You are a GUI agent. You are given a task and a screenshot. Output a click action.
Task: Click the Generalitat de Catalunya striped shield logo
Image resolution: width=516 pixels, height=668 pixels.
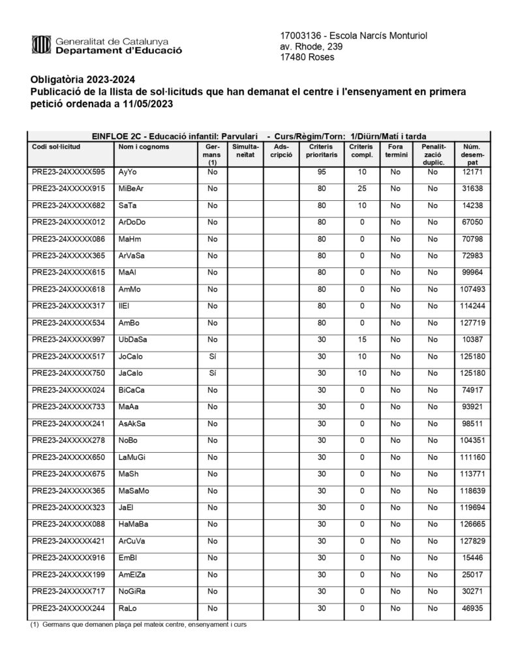click(x=41, y=45)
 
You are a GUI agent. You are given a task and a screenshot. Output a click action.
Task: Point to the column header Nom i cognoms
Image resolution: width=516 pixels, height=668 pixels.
click(x=144, y=147)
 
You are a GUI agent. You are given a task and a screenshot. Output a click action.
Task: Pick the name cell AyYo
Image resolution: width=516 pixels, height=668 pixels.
click(x=128, y=172)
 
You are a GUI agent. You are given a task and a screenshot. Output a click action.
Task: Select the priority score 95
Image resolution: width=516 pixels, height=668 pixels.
click(x=321, y=172)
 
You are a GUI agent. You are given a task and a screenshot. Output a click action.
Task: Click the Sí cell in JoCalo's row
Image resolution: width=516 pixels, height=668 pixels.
click(x=212, y=356)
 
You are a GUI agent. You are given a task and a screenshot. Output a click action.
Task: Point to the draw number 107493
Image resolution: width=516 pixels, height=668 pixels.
click(x=469, y=290)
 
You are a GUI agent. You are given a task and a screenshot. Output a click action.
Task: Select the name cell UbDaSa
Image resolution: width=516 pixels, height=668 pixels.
click(x=133, y=340)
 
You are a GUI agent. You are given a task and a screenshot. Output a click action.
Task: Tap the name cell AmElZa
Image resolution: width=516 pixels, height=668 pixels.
click(x=132, y=574)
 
